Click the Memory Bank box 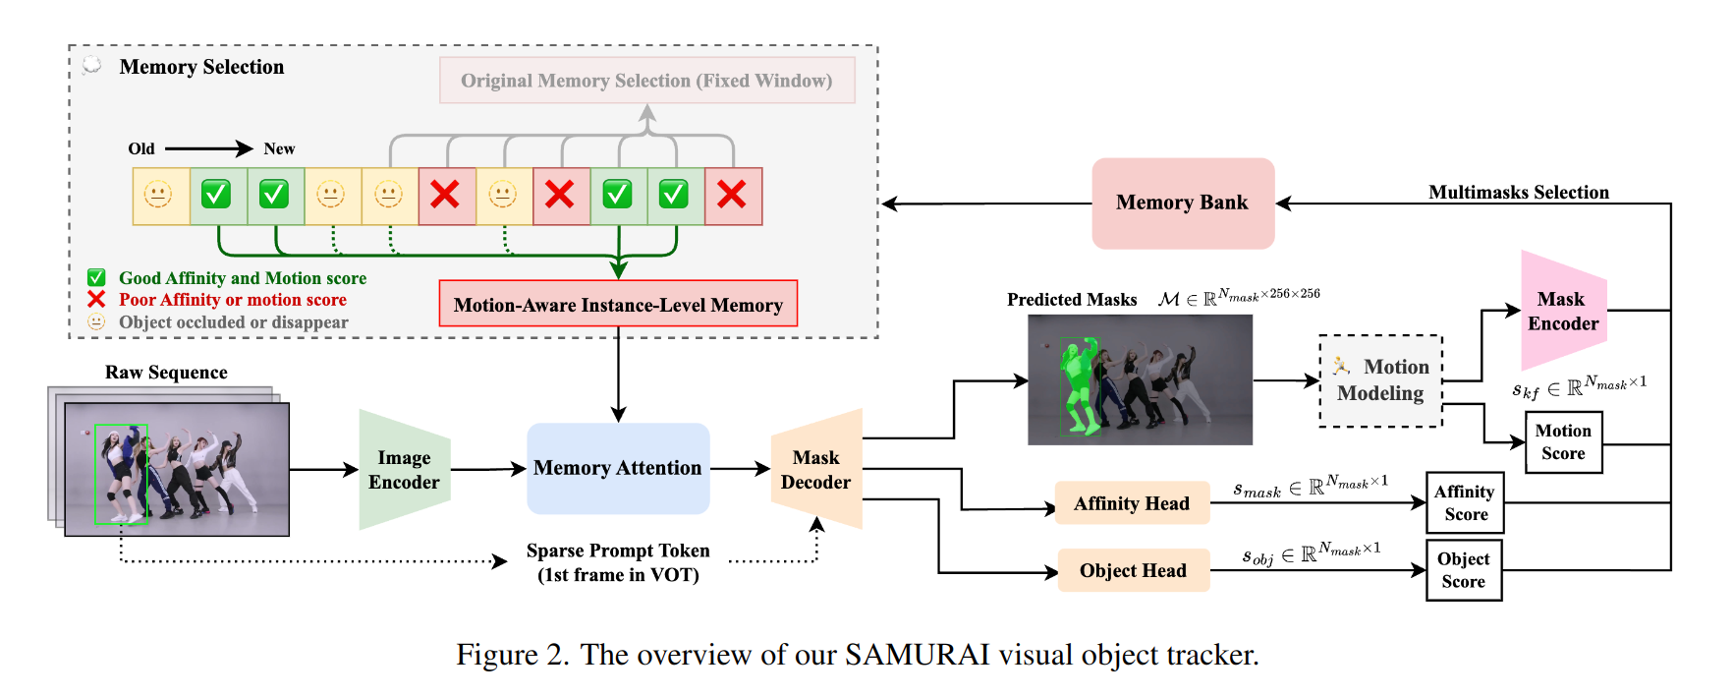tap(1182, 203)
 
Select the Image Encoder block tap(404, 470)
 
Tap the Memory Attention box tap(618, 469)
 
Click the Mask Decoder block tap(816, 470)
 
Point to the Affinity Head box tap(1132, 503)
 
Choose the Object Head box tap(1133, 570)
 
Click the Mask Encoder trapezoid tap(1562, 312)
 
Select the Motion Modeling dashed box tap(1380, 380)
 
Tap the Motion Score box tap(1563, 442)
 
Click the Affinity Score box tap(1464, 503)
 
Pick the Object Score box tap(1463, 570)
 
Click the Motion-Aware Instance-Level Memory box tap(618, 304)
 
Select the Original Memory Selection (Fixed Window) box tap(646, 81)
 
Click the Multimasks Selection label tap(1518, 193)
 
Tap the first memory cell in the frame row tap(160, 196)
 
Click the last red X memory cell tap(733, 196)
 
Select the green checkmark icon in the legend tap(96, 278)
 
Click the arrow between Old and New tap(208, 148)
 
